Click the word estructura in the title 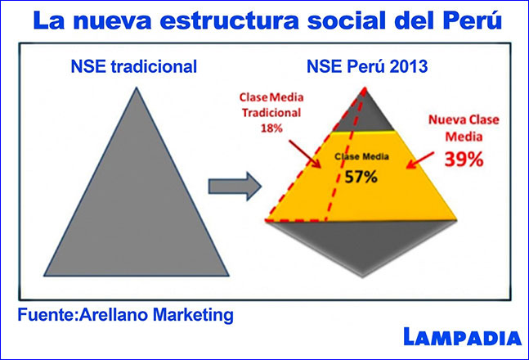click(x=230, y=21)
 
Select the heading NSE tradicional click(x=134, y=66)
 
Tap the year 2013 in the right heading click(x=409, y=66)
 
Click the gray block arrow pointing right click(x=235, y=187)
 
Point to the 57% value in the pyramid click(x=361, y=177)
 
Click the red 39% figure click(x=464, y=159)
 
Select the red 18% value click(x=271, y=128)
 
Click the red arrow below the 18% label click(x=305, y=154)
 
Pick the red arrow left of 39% click(x=420, y=160)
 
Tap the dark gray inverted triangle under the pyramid click(x=361, y=243)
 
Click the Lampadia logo click(x=463, y=337)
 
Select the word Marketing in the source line click(x=193, y=316)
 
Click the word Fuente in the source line click(x=47, y=315)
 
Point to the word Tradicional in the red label click(x=271, y=113)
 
